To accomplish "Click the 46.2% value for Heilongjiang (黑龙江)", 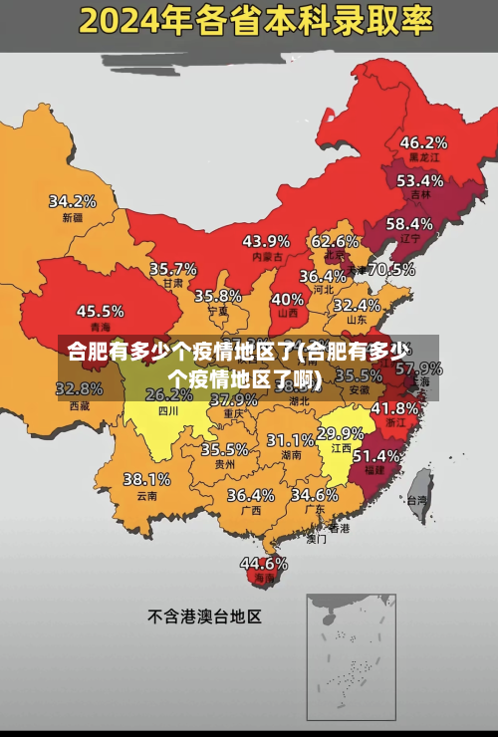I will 423,142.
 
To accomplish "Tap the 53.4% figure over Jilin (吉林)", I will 419,181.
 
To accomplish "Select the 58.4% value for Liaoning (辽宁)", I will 409,224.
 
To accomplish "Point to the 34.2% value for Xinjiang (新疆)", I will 73,201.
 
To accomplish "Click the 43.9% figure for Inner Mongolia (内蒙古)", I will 266,241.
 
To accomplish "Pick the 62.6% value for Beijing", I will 335,241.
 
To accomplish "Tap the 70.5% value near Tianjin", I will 391,269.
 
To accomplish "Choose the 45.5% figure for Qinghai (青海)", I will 101,311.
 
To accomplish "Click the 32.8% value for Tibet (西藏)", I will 80,388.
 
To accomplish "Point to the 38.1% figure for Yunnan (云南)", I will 146,479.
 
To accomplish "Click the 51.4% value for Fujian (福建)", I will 377,455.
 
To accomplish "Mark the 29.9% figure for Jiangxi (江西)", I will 340,433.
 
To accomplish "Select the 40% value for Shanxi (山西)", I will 288,299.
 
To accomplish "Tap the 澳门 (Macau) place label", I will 317,539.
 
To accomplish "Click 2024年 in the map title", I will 125,19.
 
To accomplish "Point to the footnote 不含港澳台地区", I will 204,616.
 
